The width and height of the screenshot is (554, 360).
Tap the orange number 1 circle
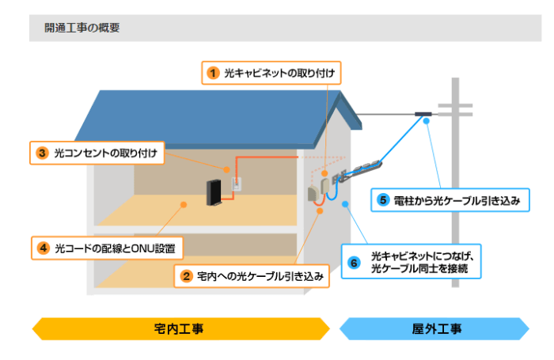pyautogui.click(x=213, y=74)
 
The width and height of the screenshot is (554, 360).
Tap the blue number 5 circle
pyautogui.click(x=384, y=200)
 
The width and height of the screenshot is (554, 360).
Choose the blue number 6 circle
pyautogui.click(x=354, y=262)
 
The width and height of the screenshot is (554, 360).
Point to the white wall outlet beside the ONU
pyautogui.click(x=234, y=185)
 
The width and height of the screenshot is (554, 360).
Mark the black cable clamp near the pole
pyautogui.click(x=424, y=115)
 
